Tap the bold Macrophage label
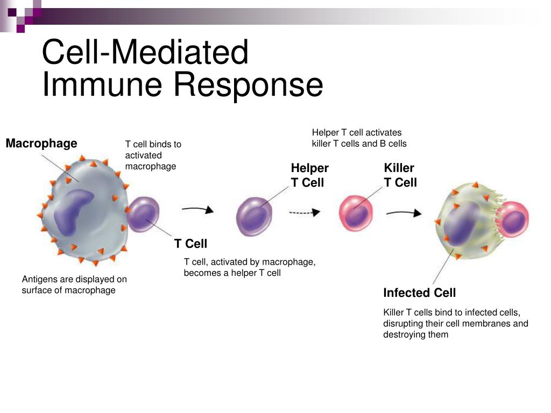pos(41,144)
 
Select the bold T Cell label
pos(190,244)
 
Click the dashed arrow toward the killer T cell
pos(305,213)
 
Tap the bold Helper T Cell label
pos(309,175)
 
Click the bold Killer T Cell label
pos(400,175)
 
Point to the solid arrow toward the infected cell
pos(404,213)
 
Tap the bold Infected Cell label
pos(419,293)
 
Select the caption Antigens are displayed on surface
pos(74,285)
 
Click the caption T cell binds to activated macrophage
pos(153,155)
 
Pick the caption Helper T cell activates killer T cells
pos(359,138)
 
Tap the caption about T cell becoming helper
pos(250,268)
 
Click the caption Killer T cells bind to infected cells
pos(455,324)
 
